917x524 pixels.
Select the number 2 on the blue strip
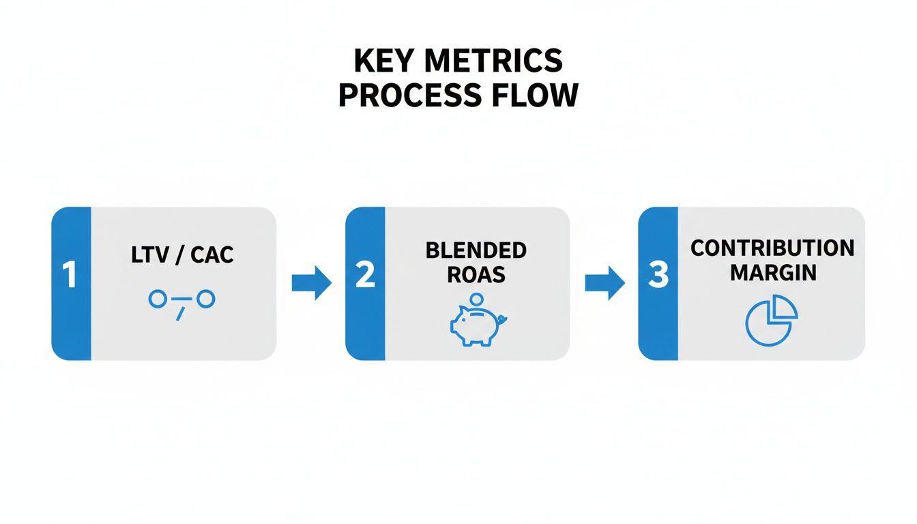[x=365, y=276]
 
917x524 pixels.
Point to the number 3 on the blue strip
[x=658, y=276]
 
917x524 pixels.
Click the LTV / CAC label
[x=182, y=255]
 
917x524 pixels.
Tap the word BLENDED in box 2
[x=476, y=250]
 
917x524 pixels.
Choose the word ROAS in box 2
[x=476, y=274]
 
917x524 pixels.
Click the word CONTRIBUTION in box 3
[x=772, y=248]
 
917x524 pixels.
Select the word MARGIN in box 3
[x=772, y=272]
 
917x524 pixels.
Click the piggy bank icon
[x=476, y=326]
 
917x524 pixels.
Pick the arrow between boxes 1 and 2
[x=311, y=282]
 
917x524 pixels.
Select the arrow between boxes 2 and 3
[x=605, y=282]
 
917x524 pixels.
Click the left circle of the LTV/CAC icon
[x=158, y=298]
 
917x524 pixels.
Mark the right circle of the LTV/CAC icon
[x=206, y=298]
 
